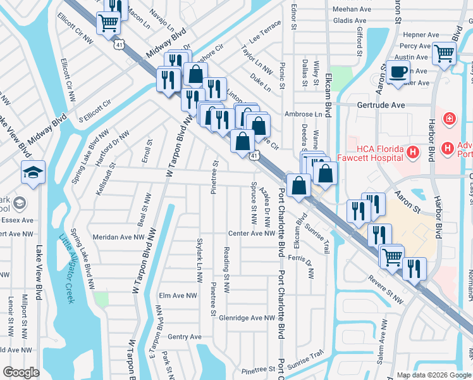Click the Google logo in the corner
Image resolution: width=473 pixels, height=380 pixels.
(x=21, y=372)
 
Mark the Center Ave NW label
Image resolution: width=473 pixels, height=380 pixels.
(x=252, y=233)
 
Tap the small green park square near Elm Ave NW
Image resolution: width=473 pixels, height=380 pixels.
(x=99, y=298)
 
